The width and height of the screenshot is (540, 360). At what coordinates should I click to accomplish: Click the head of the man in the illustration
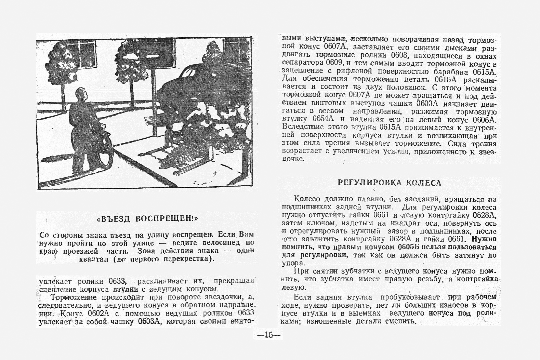coord(81,95)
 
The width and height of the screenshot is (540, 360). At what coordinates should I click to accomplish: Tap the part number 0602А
coord(101,313)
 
